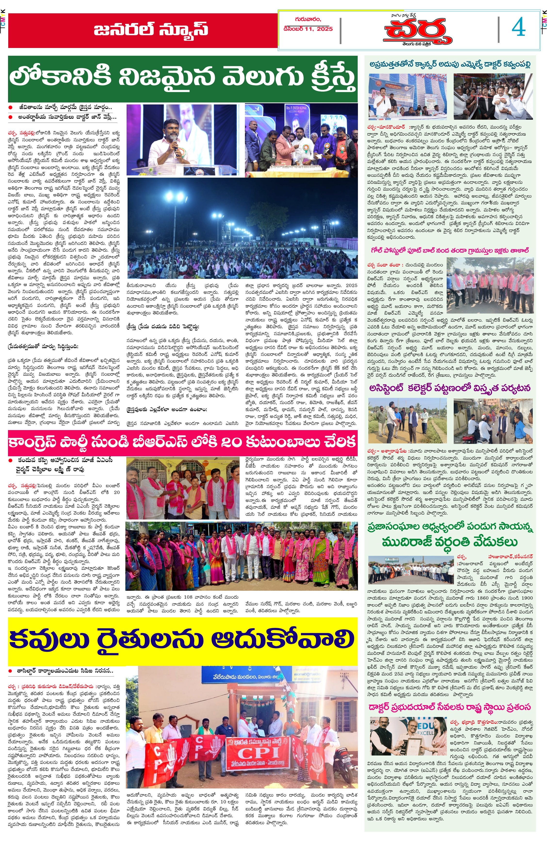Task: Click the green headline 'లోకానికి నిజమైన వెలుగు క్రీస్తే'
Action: (x=183, y=78)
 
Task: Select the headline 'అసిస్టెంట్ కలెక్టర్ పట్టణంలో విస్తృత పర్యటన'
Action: (x=450, y=388)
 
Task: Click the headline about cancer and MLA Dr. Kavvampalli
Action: (x=450, y=64)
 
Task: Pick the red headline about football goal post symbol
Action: (x=450, y=251)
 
